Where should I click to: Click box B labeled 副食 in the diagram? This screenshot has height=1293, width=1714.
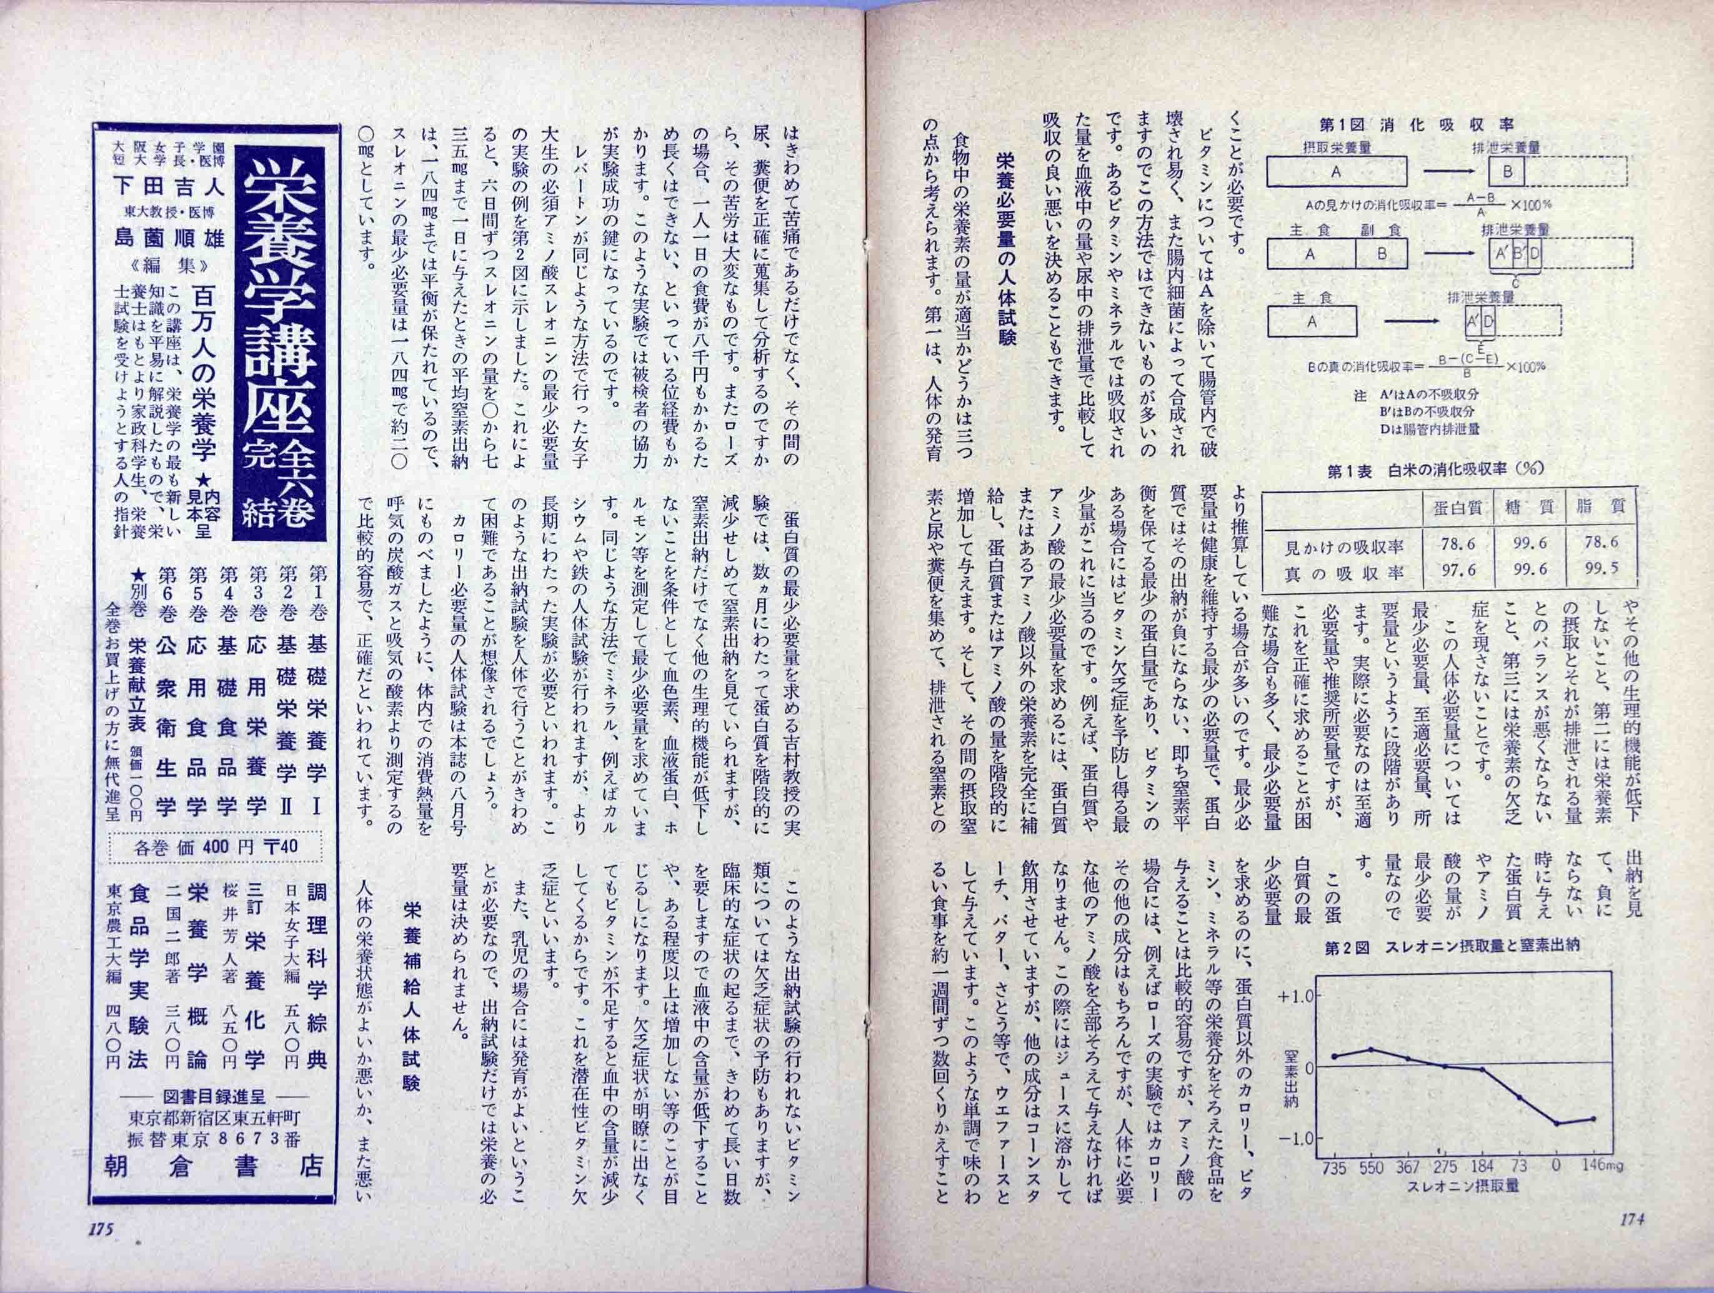coord(1382,253)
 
